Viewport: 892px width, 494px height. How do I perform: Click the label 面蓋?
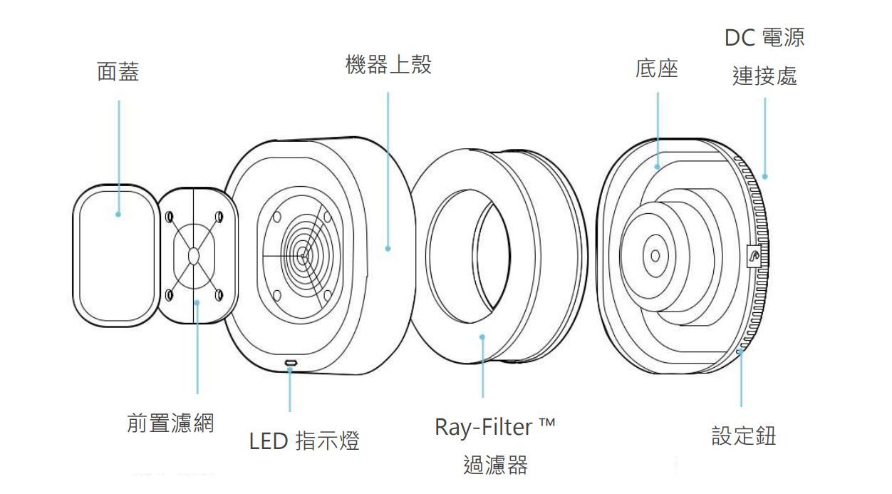[118, 72]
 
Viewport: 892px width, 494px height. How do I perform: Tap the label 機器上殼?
[388, 66]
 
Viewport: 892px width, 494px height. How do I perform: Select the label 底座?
[656, 69]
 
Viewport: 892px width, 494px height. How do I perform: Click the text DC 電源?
[764, 38]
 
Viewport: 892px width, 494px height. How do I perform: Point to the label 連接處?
[764, 76]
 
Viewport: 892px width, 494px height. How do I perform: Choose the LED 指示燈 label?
[304, 441]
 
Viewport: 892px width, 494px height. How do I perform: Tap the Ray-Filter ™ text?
[495, 428]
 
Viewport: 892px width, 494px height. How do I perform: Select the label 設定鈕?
[744, 436]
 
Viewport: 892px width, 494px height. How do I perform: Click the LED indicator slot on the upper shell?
[291, 364]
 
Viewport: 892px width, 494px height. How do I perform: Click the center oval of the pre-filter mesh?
[195, 257]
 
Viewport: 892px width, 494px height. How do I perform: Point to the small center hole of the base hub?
[655, 255]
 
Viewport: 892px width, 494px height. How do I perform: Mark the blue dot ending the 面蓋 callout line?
[118, 212]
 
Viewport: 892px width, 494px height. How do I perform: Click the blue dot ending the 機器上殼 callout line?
[388, 249]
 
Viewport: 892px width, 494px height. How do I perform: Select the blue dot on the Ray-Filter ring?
[482, 337]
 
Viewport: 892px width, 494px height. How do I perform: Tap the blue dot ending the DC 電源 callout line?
[764, 176]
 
